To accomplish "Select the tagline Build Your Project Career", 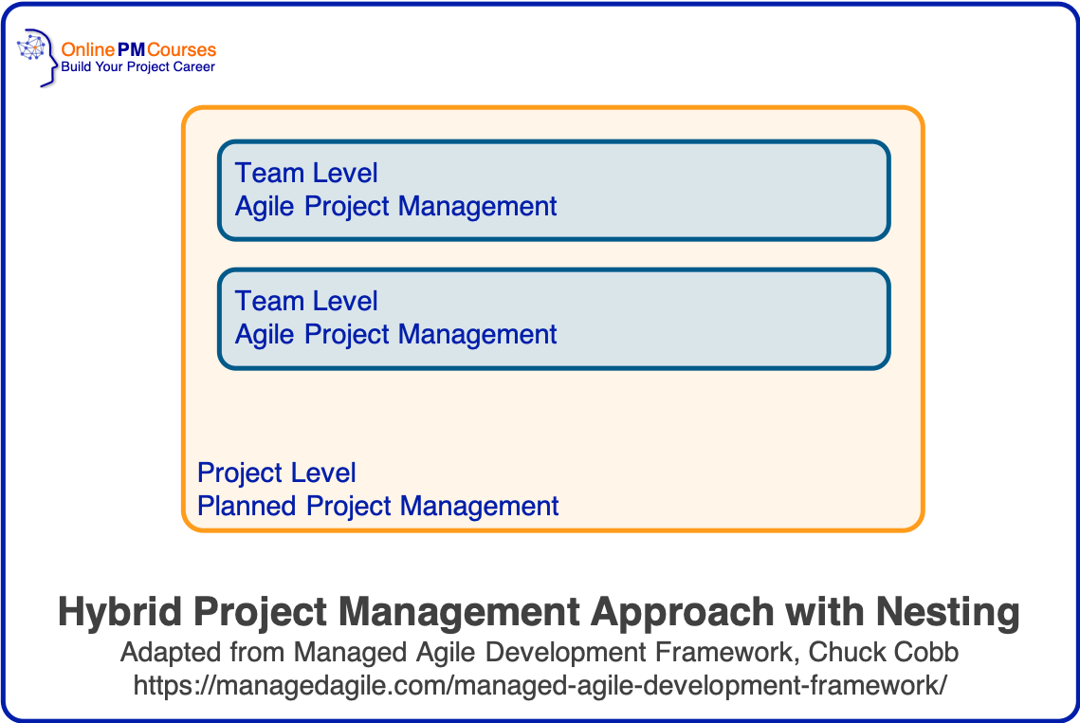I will (x=137, y=67).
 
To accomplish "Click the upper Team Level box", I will (x=664, y=190).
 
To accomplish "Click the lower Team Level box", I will (x=664, y=319).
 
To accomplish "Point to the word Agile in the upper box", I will (x=265, y=206).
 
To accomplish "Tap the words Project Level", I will (x=277, y=473).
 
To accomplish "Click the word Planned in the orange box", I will (x=247, y=506).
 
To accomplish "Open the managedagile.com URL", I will (x=540, y=685).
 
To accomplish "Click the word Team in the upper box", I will (x=268, y=173).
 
